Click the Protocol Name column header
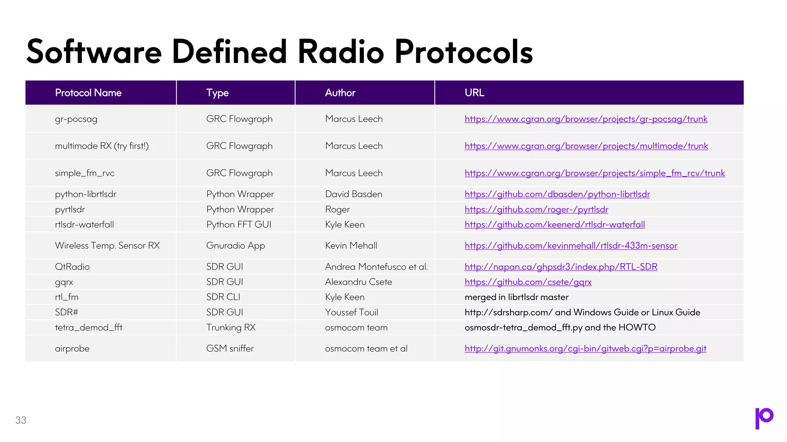click(x=88, y=93)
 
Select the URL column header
click(x=474, y=93)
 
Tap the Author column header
click(x=340, y=93)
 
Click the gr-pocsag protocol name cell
click(x=76, y=119)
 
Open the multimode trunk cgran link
click(x=586, y=146)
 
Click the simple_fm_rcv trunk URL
click(x=594, y=173)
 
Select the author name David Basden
click(x=354, y=194)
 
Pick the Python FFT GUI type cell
click(x=239, y=224)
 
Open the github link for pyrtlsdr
click(x=536, y=209)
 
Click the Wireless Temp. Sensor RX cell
click(x=107, y=246)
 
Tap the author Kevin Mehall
click(x=351, y=246)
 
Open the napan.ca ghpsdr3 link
click(x=561, y=267)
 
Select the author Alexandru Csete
click(x=359, y=282)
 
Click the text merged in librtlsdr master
click(x=516, y=297)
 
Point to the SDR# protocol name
click(x=66, y=312)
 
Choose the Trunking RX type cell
click(x=231, y=327)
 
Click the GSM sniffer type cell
click(x=230, y=348)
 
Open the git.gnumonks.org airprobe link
click(x=585, y=348)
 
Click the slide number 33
click(x=21, y=420)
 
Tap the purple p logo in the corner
click(x=764, y=418)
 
